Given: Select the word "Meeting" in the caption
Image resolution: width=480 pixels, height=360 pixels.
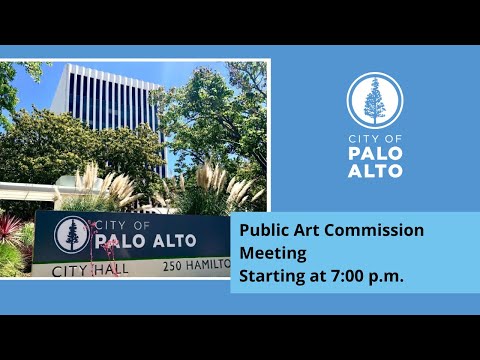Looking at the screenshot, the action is [273, 254].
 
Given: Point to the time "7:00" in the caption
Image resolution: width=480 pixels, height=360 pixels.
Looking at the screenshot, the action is [347, 276].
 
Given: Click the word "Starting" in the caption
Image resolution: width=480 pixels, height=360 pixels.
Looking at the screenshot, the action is [272, 277].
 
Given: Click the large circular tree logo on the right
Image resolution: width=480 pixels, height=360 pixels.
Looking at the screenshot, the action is [375, 101].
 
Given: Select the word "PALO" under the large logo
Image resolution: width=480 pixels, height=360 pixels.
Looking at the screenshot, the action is [375, 153].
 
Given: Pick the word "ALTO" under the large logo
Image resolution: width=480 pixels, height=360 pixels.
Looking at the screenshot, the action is [375, 171].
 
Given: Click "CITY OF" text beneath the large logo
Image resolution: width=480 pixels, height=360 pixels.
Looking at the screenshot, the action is [375, 139].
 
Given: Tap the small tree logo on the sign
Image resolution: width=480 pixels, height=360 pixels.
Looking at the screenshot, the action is [72, 235].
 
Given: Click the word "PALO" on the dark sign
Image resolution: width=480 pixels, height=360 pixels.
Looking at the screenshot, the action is [120, 241].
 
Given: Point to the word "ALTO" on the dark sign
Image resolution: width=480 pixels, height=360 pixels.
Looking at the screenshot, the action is [175, 241].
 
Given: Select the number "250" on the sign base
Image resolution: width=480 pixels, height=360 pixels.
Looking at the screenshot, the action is [172, 266].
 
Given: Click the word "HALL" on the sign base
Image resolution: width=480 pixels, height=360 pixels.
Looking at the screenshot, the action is [111, 270].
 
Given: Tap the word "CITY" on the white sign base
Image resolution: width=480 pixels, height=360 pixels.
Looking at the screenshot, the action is [71, 271].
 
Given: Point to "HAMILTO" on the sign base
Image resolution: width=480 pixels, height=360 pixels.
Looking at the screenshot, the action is [208, 265].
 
